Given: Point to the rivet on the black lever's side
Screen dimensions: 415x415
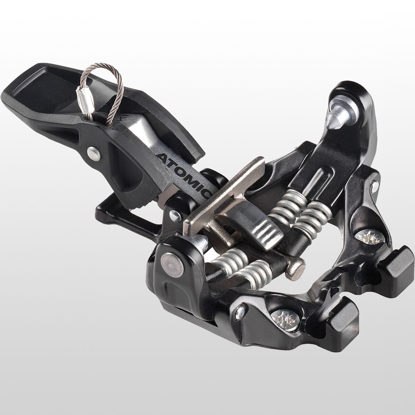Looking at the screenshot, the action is [x=94, y=154].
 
